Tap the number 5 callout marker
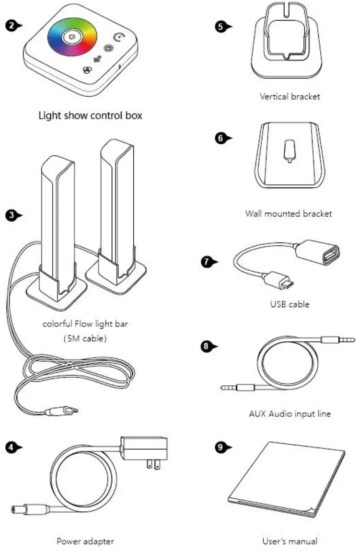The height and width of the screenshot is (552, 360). (x=221, y=26)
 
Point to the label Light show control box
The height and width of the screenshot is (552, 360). (x=90, y=115)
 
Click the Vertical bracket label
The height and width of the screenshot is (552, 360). (x=290, y=96)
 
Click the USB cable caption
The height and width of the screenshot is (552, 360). (x=290, y=304)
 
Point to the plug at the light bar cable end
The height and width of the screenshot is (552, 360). (x=65, y=410)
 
